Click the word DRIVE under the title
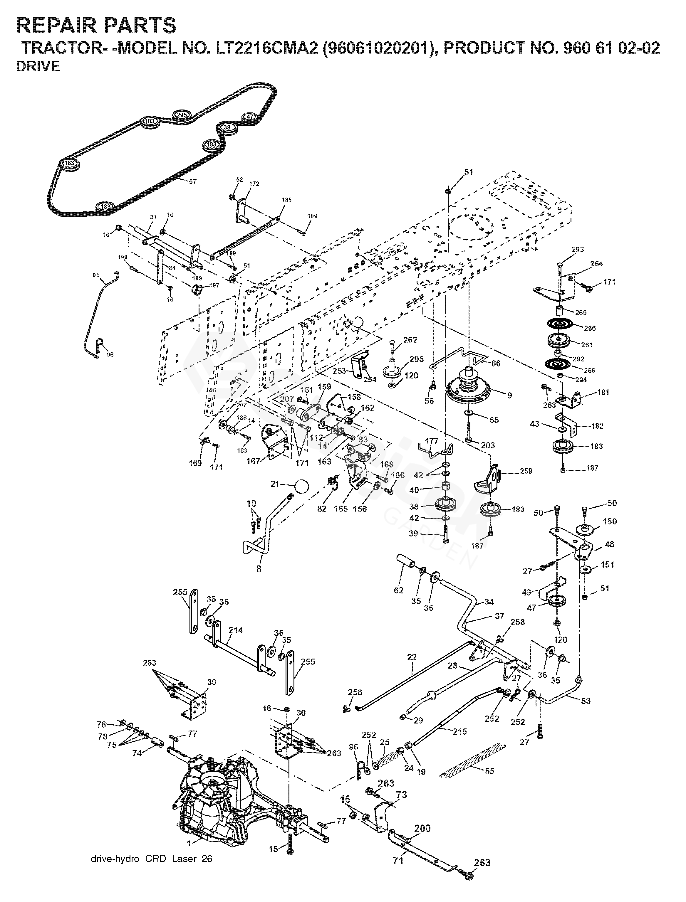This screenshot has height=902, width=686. click(38, 67)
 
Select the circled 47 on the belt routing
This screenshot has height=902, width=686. click(250, 117)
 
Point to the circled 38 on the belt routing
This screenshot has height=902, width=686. click(227, 127)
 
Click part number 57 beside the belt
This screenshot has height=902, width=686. click(192, 182)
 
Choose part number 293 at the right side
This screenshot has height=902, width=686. click(578, 249)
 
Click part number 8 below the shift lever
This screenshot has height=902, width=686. click(259, 568)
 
